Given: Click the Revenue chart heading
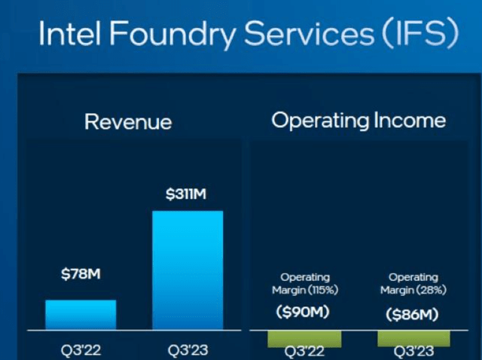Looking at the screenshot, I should (x=128, y=122).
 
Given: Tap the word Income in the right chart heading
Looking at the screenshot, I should (x=410, y=121).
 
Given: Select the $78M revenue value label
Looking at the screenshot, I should (x=81, y=274).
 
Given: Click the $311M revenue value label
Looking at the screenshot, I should (x=187, y=195).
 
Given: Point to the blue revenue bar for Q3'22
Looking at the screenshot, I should (x=81, y=315).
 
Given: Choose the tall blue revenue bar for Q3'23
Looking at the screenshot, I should (x=188, y=270).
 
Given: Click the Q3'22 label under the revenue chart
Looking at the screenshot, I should (x=81, y=351).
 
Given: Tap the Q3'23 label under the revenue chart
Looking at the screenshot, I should (x=188, y=351).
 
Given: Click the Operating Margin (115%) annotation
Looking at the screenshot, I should (x=304, y=284).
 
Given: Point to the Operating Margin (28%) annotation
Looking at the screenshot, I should (x=413, y=284).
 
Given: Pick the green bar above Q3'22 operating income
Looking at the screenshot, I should (x=304, y=338).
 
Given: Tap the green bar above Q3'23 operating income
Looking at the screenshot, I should (x=413, y=338).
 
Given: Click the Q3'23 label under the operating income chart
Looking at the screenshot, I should (x=413, y=352).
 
